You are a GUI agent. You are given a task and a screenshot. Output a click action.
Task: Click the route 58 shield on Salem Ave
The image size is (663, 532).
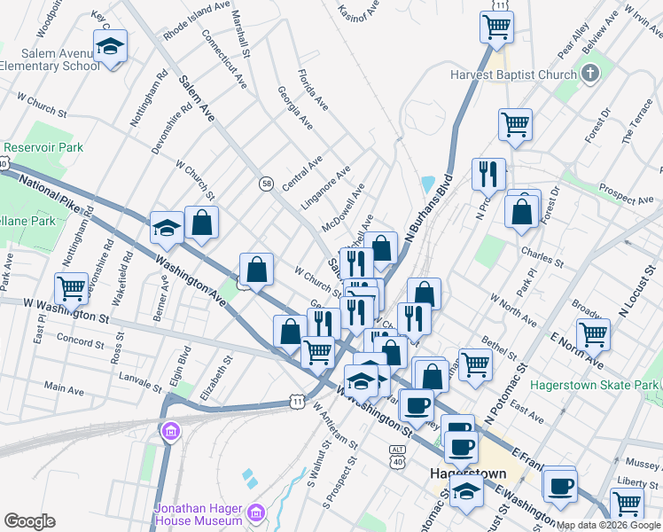[266, 184]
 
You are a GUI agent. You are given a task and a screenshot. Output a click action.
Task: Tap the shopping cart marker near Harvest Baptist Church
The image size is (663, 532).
[514, 125]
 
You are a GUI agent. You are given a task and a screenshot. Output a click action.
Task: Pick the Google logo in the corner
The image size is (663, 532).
[29, 521]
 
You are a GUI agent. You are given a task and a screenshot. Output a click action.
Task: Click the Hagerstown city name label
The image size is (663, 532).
[467, 473]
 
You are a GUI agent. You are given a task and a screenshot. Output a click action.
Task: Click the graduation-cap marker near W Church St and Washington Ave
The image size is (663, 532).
[166, 229]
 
